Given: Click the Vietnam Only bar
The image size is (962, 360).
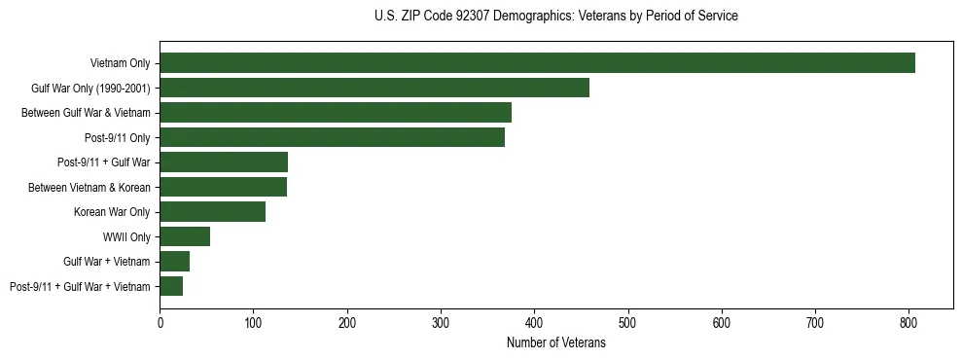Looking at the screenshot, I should tap(537, 63).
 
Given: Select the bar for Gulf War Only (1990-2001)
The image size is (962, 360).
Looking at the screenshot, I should tap(374, 88).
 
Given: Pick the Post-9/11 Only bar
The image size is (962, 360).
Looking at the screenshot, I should tap(332, 137).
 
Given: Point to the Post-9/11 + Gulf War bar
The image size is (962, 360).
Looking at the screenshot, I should tap(224, 162).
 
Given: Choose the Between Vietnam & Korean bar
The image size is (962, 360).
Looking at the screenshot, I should tap(223, 187).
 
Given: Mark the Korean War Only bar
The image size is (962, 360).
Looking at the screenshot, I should tap(212, 212).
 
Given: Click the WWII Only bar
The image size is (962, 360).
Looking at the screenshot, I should tap(185, 236).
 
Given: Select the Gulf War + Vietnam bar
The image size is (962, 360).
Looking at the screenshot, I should tap(174, 262).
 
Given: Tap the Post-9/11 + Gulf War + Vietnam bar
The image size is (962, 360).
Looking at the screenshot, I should tap(171, 286).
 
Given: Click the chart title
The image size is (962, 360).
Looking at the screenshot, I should tap(555, 17).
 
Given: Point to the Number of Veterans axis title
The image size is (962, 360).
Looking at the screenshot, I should tap(555, 342).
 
